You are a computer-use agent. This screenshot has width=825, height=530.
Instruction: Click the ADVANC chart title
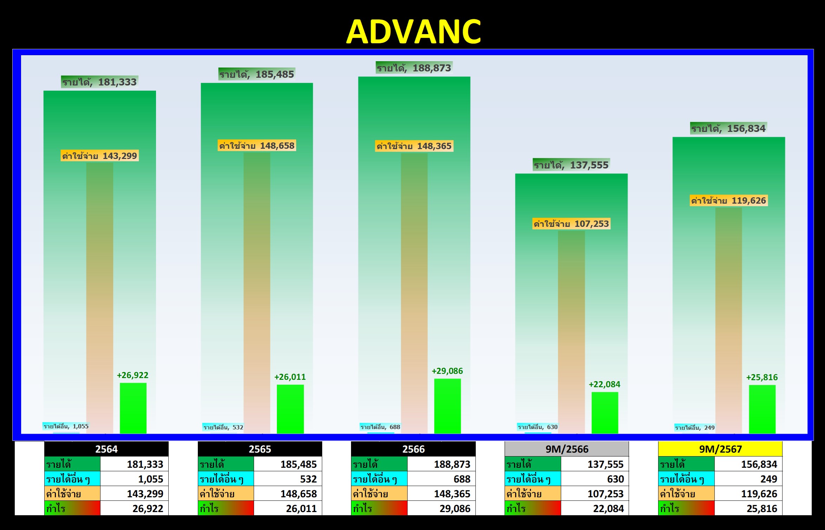point(414,32)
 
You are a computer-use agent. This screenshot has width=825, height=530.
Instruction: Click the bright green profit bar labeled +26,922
point(133,408)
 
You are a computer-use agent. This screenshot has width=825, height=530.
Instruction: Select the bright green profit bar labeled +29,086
point(448,406)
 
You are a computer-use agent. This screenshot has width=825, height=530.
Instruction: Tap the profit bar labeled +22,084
point(605,413)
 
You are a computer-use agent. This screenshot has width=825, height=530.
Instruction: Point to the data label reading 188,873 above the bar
point(414,68)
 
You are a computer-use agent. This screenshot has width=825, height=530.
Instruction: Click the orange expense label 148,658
point(257,146)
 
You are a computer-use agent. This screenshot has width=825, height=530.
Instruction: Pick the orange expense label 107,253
point(571,224)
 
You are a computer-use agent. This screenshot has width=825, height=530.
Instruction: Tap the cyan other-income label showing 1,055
point(66,426)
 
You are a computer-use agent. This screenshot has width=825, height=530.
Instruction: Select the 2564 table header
point(106,449)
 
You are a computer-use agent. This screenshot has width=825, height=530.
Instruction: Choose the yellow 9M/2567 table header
point(720,449)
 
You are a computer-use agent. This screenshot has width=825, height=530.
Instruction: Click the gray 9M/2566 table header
point(567,449)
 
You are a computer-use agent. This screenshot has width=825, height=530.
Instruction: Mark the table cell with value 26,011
point(288,508)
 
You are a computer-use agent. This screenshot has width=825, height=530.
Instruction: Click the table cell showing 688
point(441,479)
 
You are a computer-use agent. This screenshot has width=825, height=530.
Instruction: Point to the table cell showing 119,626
point(748,494)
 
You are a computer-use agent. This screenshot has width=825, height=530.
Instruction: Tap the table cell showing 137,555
point(595,464)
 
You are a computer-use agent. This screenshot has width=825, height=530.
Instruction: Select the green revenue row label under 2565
point(226,464)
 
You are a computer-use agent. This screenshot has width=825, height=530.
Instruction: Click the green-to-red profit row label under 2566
point(379,508)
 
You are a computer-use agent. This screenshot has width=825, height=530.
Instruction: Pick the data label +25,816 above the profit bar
point(762,377)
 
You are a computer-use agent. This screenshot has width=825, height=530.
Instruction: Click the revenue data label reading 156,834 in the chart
point(728,128)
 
